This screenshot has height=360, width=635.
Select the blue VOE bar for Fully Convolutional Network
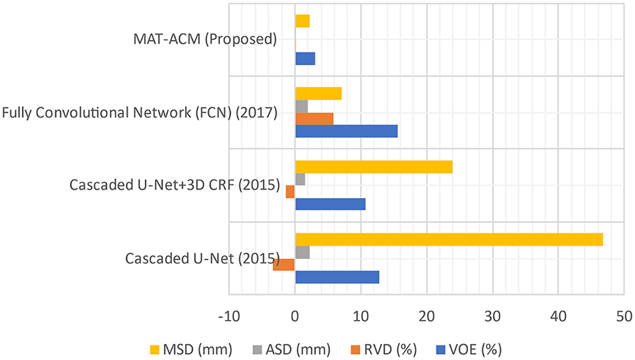point(346,131)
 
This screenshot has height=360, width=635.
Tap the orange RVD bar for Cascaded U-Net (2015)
point(284,264)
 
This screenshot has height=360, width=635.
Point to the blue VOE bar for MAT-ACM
point(305,58)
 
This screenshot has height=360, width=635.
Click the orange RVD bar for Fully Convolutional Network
point(314,118)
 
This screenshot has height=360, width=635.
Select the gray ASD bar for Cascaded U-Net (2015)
point(302,252)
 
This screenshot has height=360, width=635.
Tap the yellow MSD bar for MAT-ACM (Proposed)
point(302,21)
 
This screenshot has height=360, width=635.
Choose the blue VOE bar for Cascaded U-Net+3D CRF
point(330,204)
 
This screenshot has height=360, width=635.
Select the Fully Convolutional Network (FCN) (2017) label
point(140,112)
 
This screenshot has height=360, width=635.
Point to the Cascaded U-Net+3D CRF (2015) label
point(175,185)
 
